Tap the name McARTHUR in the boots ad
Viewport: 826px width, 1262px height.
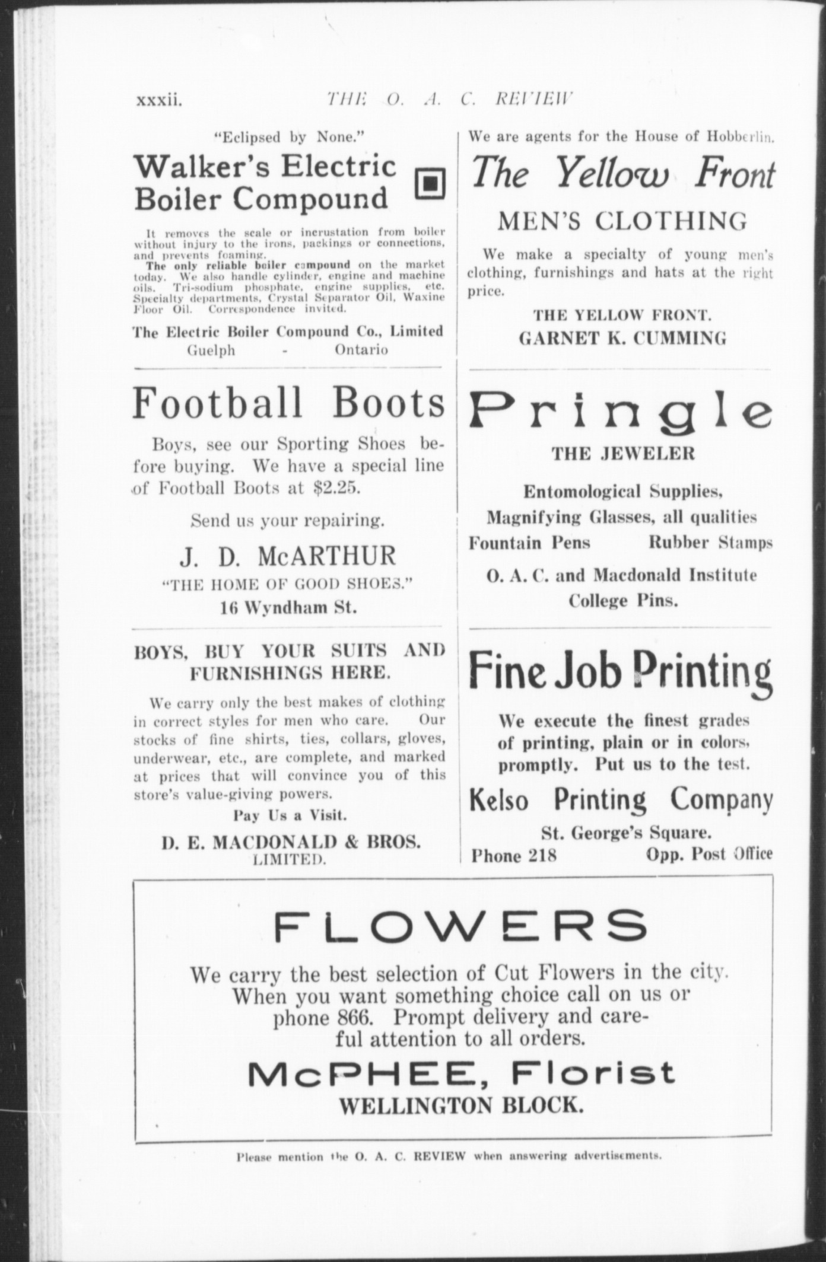[326, 556]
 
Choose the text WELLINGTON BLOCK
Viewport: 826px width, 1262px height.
[460, 1105]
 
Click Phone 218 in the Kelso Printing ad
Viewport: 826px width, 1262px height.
[514, 855]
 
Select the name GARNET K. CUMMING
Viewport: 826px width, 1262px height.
[622, 339]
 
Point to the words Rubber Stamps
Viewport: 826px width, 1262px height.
[710, 543]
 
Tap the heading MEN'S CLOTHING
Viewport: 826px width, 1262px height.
[622, 221]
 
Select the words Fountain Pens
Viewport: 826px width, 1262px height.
[529, 543]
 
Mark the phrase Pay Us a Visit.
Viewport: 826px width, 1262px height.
[290, 815]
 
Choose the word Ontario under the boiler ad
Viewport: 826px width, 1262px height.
[361, 350]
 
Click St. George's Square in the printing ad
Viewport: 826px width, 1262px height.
[626, 833]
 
